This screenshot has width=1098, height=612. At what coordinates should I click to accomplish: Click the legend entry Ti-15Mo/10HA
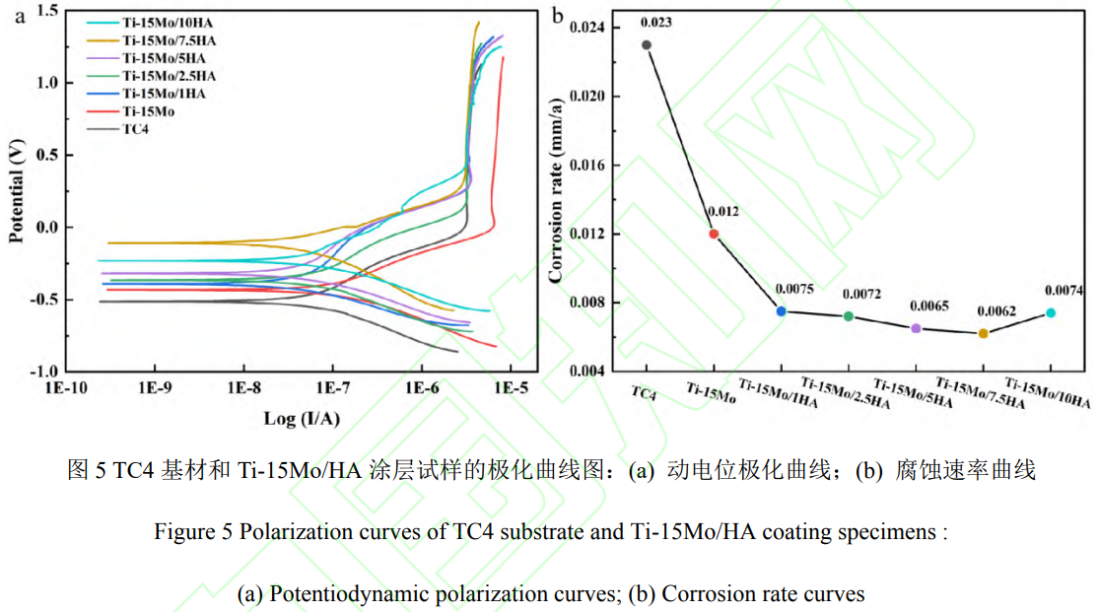(164, 22)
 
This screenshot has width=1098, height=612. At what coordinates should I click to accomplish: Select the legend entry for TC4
(135, 128)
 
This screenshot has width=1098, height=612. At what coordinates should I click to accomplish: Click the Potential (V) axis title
(17, 191)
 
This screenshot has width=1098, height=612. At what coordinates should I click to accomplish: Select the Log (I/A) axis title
(301, 418)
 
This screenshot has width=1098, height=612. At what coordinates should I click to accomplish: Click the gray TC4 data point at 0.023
(647, 44)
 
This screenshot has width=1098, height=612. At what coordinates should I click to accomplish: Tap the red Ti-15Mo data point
(714, 234)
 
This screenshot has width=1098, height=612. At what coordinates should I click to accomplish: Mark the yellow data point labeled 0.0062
(983, 333)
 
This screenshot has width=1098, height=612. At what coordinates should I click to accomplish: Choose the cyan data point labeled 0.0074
(1051, 312)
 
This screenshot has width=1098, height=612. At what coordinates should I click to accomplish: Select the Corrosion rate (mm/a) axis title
(557, 190)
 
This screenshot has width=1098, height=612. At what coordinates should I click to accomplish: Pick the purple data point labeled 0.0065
(916, 328)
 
